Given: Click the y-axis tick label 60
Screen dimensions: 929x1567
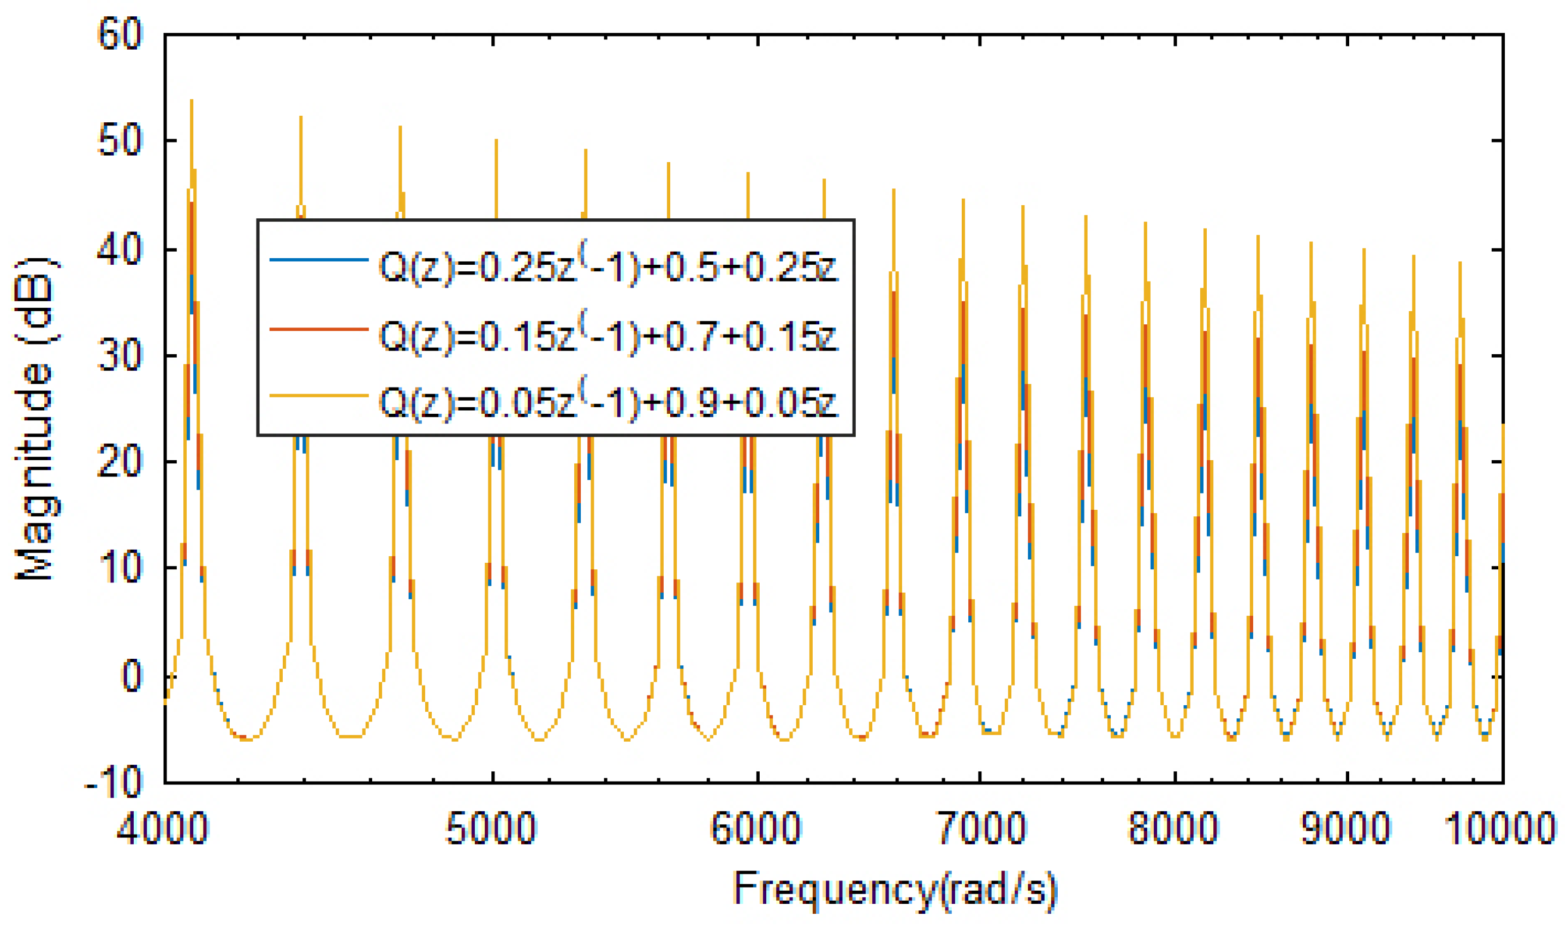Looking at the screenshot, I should [120, 34].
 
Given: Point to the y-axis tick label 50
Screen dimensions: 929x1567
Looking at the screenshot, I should [120, 142].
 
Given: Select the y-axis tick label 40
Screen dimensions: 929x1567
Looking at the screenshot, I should [120, 250].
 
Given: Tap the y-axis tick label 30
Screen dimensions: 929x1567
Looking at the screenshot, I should [120, 357].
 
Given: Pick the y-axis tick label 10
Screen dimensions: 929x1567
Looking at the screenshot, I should [120, 568].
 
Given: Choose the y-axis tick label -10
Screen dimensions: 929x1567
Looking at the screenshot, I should [112, 783].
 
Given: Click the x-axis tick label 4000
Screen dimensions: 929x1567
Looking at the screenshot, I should [163, 828].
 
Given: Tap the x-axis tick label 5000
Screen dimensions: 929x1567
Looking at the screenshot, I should [491, 828].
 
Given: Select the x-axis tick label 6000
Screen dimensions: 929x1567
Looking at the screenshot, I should [756, 828].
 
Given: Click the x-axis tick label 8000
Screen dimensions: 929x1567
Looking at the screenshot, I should [1173, 828].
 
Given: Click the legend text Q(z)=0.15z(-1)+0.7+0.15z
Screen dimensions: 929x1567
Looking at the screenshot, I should [607, 336].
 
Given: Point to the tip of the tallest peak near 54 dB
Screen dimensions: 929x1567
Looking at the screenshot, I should [192, 100].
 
